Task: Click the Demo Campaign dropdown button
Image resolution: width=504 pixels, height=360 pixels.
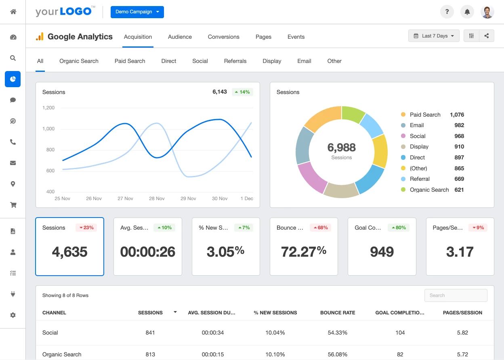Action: point(137,12)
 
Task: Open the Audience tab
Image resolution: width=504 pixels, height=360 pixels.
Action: point(180,37)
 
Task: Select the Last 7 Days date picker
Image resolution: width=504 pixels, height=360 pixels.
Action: point(434,36)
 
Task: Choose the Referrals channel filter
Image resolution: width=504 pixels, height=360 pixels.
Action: point(235,61)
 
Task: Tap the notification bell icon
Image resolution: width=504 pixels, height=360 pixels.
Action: point(467,12)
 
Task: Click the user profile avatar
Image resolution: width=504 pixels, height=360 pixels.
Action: point(487,12)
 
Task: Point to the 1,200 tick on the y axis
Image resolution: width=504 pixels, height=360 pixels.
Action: point(48,108)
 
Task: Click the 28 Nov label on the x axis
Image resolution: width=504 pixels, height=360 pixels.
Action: point(157,199)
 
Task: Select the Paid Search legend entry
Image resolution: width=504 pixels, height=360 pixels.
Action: point(425,115)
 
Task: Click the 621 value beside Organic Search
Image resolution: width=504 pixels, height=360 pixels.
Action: point(459,190)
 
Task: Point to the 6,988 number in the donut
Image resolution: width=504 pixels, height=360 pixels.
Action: point(341,147)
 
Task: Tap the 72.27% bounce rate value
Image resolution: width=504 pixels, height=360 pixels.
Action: point(304,252)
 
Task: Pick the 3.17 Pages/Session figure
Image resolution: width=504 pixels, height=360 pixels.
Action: point(460,252)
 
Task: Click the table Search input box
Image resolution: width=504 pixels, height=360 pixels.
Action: point(456,295)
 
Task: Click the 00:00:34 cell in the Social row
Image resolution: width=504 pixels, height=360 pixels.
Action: point(213,333)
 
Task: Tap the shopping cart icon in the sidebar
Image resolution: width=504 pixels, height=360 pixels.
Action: point(13,205)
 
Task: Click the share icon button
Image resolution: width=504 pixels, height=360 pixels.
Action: point(487,36)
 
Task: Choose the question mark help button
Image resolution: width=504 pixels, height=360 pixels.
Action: point(447,12)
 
